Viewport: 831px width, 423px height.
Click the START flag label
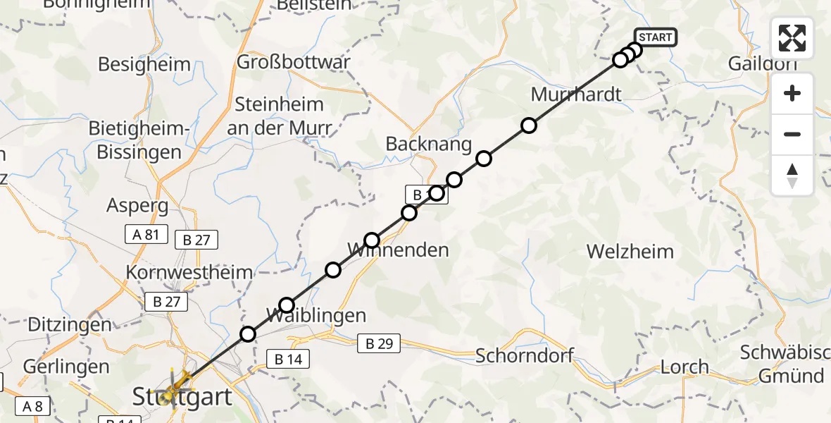[656, 37]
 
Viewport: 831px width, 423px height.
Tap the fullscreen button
[792, 38]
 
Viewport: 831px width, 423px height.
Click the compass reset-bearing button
[792, 176]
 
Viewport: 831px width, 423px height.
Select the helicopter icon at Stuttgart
[177, 386]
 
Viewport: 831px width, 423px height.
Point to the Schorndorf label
[525, 355]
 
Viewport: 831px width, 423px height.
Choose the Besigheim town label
[144, 65]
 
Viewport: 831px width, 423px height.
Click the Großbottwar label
[293, 62]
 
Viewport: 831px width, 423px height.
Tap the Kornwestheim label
[189, 273]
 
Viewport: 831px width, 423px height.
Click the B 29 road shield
[378, 344]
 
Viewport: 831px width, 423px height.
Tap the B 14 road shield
[288, 360]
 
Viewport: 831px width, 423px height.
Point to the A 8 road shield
[32, 406]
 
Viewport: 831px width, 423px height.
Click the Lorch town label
[685, 367]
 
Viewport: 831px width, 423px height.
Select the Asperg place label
[137, 206]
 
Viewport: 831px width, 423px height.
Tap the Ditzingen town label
[70, 325]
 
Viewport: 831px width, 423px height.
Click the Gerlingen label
[66, 367]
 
